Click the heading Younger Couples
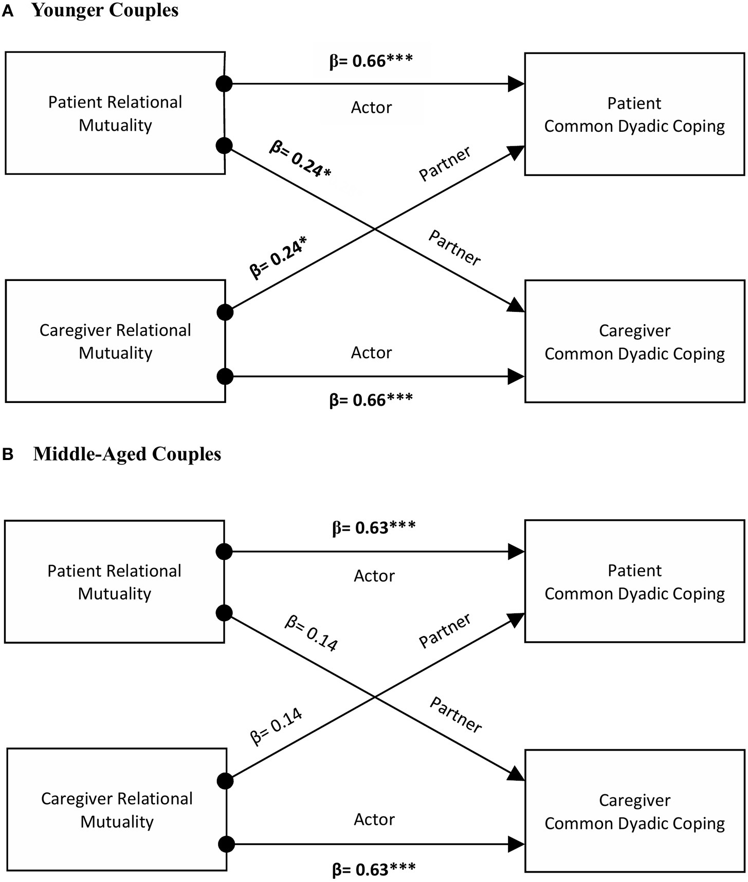click(105, 11)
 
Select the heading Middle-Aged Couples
click(127, 454)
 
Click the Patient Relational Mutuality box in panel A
click(115, 113)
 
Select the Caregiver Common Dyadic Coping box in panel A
click(634, 342)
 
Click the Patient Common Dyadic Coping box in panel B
click(634, 581)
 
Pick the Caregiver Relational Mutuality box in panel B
click(117, 809)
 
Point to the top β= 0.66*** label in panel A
click(371, 61)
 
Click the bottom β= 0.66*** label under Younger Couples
click(371, 400)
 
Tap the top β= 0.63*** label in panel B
click(374, 528)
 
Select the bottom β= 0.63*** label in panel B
click(374, 869)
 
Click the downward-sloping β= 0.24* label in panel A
click(300, 160)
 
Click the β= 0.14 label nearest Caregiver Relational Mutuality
click(276, 727)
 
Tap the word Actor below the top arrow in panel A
click(371, 108)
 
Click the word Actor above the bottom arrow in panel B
click(374, 819)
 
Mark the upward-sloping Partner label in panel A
click(445, 164)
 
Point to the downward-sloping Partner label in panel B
click(455, 715)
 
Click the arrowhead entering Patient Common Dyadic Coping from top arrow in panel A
click(516, 83)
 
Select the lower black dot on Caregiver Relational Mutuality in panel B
click(226, 844)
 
